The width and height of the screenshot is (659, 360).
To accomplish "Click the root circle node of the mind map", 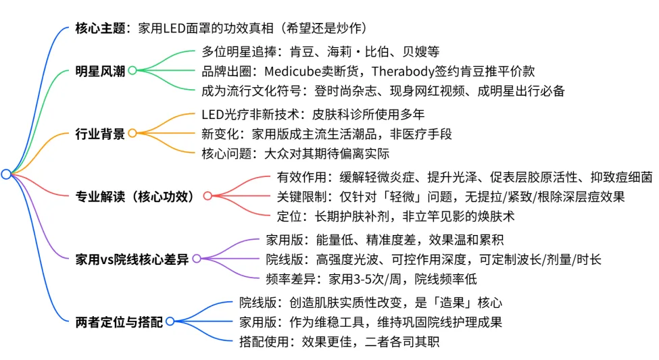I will coord(6,174).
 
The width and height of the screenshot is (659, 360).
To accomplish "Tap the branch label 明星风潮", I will coord(101,70).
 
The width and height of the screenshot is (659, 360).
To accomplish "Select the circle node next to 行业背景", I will coord(132,133).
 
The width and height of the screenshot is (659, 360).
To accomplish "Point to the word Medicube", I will coord(295,70).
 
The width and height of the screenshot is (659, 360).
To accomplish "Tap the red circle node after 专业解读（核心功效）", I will coord(208,196).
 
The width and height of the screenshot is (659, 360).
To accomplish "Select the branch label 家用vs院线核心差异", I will coord(132,259).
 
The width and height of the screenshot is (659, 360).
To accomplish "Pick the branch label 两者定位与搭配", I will coord(120,322).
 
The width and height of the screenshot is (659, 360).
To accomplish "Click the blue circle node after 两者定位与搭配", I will coord(170,322).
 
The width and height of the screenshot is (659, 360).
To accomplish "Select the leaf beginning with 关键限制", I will coord(451,196).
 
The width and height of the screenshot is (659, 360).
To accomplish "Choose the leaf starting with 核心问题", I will coord(295,153).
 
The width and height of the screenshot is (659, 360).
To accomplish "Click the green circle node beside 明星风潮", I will coord(132,70).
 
